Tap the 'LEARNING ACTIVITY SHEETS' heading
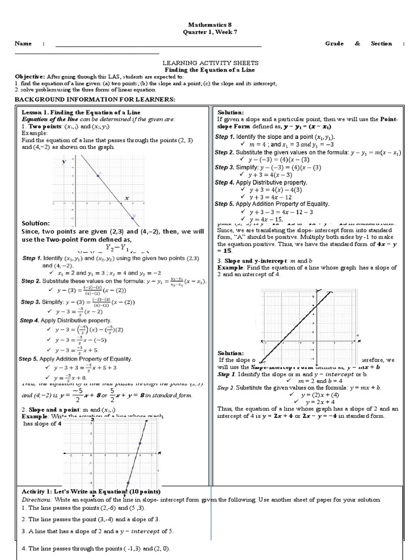coord(211,63)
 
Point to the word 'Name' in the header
coord(23,44)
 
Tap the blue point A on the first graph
coord(98,176)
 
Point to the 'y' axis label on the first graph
coord(63,162)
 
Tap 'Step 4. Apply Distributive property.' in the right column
coord(261,182)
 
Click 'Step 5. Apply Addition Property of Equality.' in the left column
coord(76,359)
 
